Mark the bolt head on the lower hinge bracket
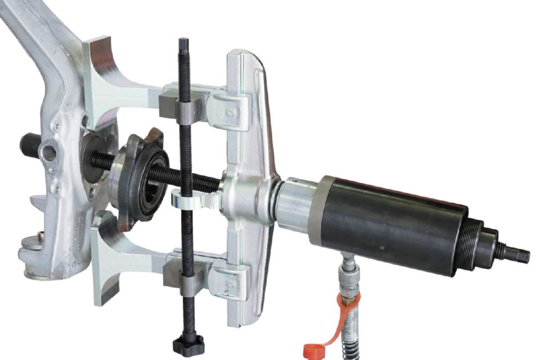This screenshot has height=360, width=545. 232,282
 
